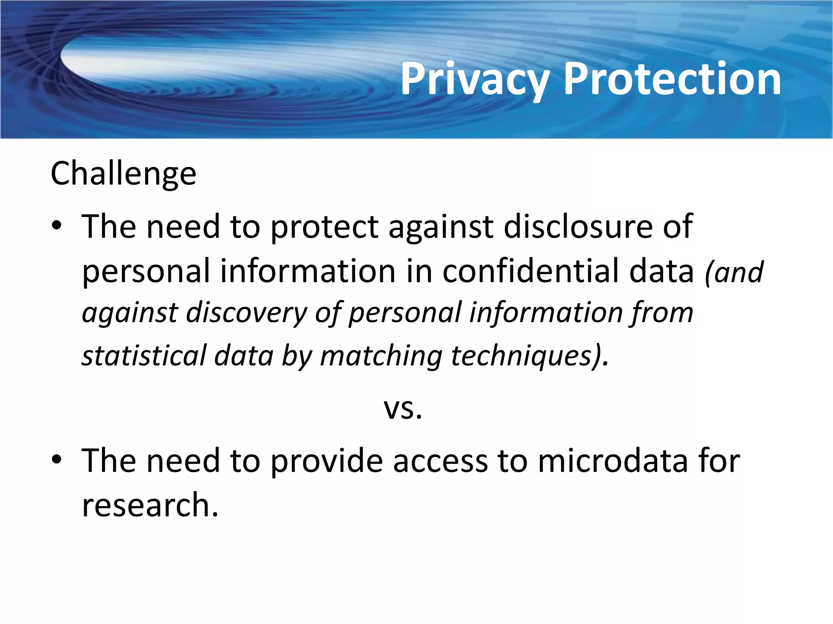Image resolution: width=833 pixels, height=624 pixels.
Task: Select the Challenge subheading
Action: click(123, 174)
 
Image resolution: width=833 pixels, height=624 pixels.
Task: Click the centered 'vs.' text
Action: click(403, 409)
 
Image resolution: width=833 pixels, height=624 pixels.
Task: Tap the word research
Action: click(150, 505)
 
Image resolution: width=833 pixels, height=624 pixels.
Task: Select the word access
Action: click(440, 462)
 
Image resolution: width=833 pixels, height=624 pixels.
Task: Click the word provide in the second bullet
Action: click(327, 462)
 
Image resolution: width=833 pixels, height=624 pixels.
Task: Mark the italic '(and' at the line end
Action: click(734, 272)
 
